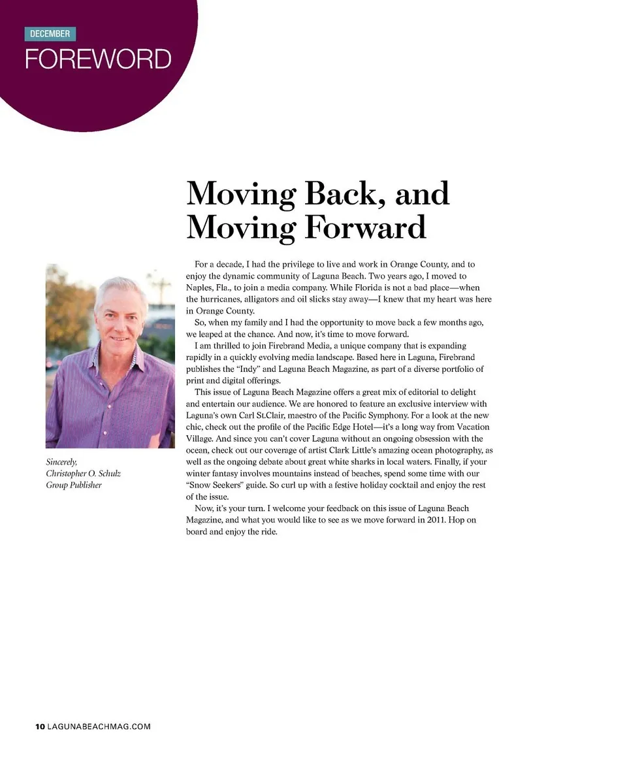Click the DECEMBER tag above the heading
click(50, 34)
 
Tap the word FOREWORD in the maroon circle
click(98, 59)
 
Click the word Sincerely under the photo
click(61, 462)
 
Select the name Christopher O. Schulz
click(83, 473)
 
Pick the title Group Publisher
click(73, 485)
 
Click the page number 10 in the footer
click(40, 726)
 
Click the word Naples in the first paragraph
click(199, 288)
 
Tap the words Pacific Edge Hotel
click(351, 427)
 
